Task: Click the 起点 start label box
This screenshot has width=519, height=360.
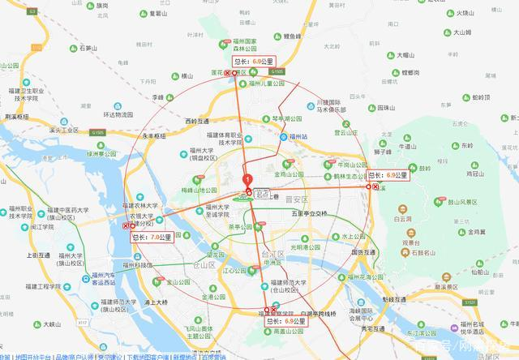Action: (x=261, y=195)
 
